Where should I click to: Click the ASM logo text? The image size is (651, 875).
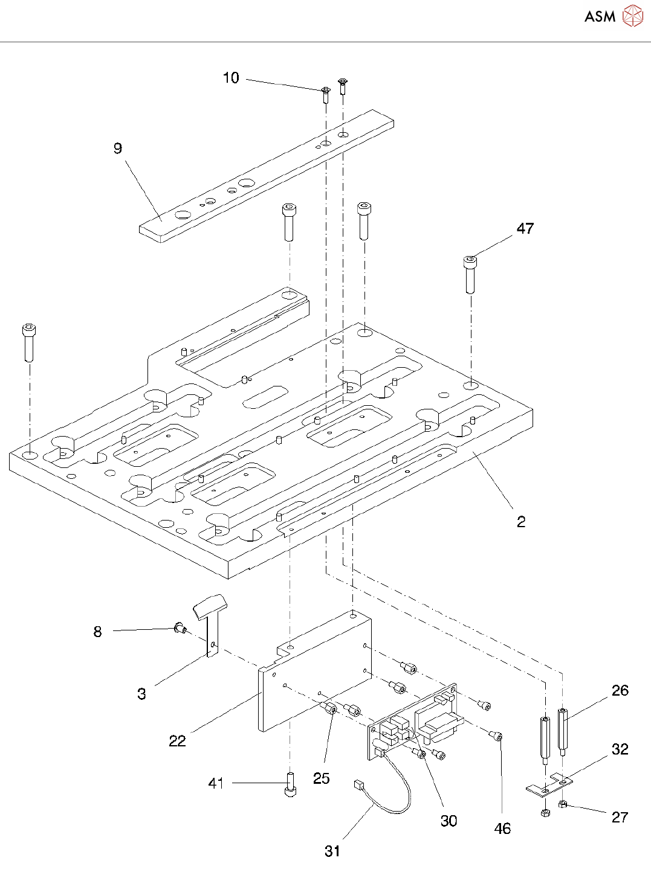(x=600, y=16)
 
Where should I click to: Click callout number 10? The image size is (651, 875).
(x=231, y=78)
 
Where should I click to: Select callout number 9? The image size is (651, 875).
(x=118, y=149)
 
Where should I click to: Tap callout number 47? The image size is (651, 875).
(x=525, y=228)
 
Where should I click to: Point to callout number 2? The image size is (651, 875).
(x=521, y=521)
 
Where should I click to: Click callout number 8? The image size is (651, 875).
(x=98, y=632)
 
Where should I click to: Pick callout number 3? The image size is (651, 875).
(x=141, y=694)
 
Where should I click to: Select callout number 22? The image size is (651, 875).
(x=177, y=741)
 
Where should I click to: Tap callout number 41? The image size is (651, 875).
(x=216, y=783)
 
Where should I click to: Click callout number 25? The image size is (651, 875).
(x=321, y=778)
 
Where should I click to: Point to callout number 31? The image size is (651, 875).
(x=332, y=851)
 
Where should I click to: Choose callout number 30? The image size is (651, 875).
(x=449, y=821)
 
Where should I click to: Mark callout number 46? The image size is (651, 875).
(x=502, y=829)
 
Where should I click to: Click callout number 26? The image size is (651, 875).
(x=620, y=691)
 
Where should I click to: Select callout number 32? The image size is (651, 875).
(x=620, y=749)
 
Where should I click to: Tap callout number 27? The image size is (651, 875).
(x=620, y=817)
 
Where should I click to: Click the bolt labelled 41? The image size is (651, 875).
(x=290, y=785)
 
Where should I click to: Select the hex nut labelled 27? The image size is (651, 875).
(x=563, y=804)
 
